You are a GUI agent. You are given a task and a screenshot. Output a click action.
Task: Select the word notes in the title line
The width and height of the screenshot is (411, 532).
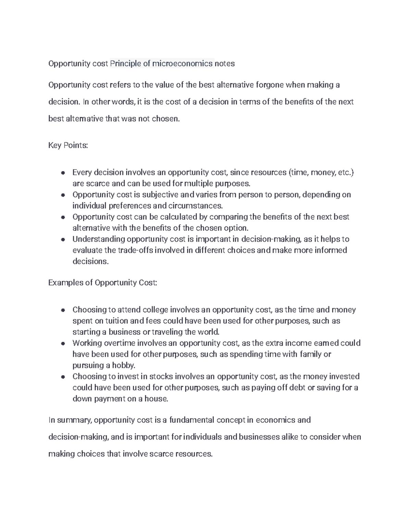(225, 64)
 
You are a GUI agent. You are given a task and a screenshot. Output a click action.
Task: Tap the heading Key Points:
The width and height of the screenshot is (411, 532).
(68, 146)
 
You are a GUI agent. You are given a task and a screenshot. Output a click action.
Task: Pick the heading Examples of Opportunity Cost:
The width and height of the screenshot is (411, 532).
(103, 283)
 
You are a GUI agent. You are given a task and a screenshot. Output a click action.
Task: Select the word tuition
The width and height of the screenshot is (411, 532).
(116, 321)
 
